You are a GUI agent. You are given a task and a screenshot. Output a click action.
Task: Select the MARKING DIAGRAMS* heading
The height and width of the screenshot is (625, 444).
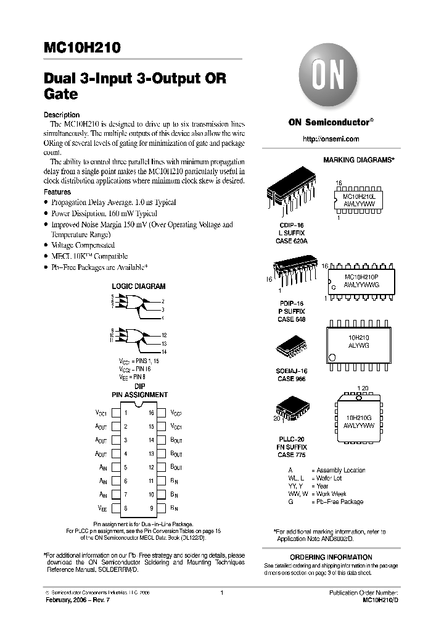359,159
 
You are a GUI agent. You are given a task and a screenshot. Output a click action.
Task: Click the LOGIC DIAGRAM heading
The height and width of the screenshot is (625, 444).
138,287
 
